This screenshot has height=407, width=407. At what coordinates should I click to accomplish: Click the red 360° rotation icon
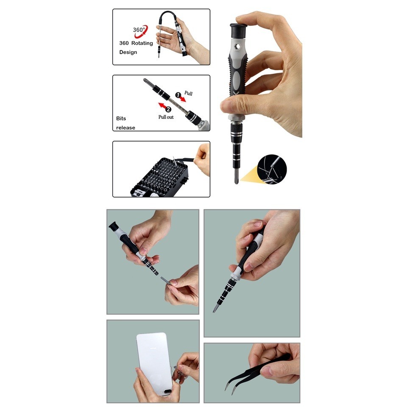pyautogui.click(x=141, y=31)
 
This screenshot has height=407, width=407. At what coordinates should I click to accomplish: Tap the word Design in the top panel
pyautogui.click(x=128, y=52)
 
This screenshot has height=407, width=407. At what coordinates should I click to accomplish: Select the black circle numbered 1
pyautogui.click(x=178, y=95)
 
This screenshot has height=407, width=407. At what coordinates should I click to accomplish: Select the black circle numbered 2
pyautogui.click(x=168, y=109)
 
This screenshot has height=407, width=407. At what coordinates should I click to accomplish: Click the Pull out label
pyautogui.click(x=166, y=117)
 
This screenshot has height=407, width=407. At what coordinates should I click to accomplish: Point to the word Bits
pyautogui.click(x=121, y=118)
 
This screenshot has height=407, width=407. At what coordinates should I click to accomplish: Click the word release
pyautogui.click(x=125, y=128)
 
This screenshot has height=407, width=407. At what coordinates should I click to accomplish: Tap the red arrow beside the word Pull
pyautogui.click(x=183, y=99)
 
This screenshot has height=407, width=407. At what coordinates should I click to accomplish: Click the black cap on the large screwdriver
pyautogui.click(x=238, y=31)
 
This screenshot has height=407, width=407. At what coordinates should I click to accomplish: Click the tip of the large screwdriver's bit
pyautogui.click(x=236, y=183)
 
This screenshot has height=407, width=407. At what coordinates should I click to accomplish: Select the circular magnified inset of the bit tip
pyautogui.click(x=272, y=169)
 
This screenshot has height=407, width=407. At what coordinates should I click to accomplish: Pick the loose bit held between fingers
pyautogui.click(x=165, y=280)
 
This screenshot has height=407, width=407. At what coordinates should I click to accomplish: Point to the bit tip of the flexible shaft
pyautogui.click(x=159, y=56)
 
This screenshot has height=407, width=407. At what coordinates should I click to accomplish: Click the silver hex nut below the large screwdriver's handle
pyautogui.click(x=237, y=118)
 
